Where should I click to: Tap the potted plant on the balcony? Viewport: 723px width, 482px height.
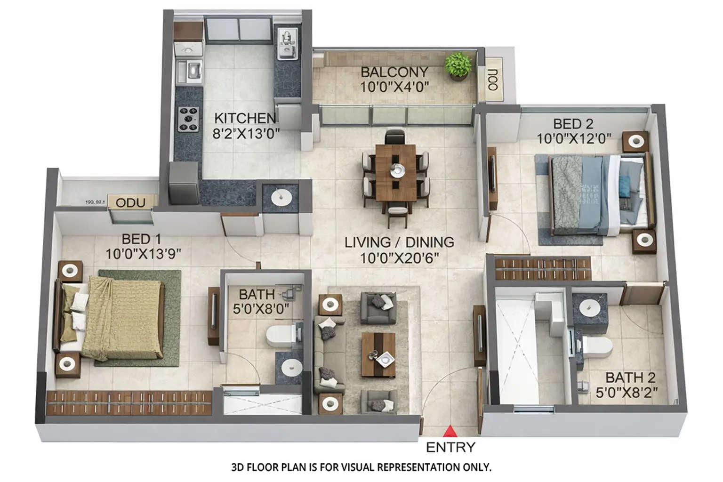click(458, 65)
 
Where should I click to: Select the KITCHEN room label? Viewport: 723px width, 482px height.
click(245, 118)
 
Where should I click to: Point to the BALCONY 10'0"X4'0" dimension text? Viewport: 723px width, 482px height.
click(394, 87)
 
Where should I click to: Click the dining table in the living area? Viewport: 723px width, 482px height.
click(395, 172)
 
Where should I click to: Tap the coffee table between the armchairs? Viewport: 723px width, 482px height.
click(378, 354)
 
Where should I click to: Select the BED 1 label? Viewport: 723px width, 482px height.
click(141, 239)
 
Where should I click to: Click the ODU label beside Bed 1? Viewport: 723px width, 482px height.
click(130, 203)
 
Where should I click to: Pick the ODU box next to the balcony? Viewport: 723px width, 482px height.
click(492, 80)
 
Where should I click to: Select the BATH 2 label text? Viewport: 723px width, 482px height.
click(630, 378)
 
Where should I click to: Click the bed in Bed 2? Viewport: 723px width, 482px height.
click(598, 195)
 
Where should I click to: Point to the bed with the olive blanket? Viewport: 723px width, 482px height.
click(118, 318)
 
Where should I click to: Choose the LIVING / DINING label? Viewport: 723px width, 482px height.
click(399, 242)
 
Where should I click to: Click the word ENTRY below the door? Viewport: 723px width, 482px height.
click(450, 447)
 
